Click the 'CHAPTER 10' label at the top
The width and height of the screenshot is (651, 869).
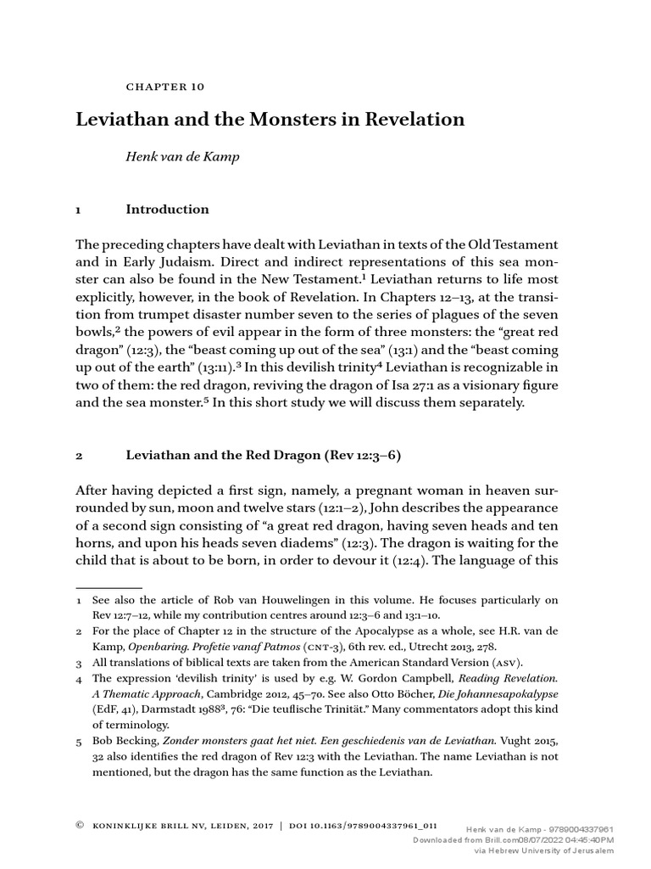pos(165,87)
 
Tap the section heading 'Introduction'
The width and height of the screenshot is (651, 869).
pos(167,210)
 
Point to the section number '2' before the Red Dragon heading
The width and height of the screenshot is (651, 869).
pos(79,456)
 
